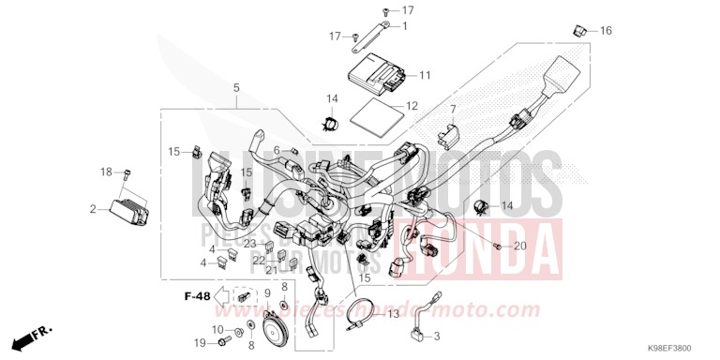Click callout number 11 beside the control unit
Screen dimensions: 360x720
[x=425, y=75]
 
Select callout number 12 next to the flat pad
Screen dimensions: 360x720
[x=412, y=107]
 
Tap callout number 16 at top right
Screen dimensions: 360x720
[x=606, y=31]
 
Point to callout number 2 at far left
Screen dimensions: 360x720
[x=93, y=209]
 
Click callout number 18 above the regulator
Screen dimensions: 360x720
[x=105, y=172]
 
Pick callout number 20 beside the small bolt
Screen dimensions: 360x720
[x=520, y=247]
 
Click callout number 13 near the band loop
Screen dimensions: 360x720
[x=394, y=313]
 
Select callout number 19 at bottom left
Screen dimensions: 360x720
[x=200, y=344]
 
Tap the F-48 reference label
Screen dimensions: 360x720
[x=197, y=296]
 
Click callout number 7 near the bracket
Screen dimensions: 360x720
[x=451, y=111]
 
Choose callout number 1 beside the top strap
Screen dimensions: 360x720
[x=405, y=26]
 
